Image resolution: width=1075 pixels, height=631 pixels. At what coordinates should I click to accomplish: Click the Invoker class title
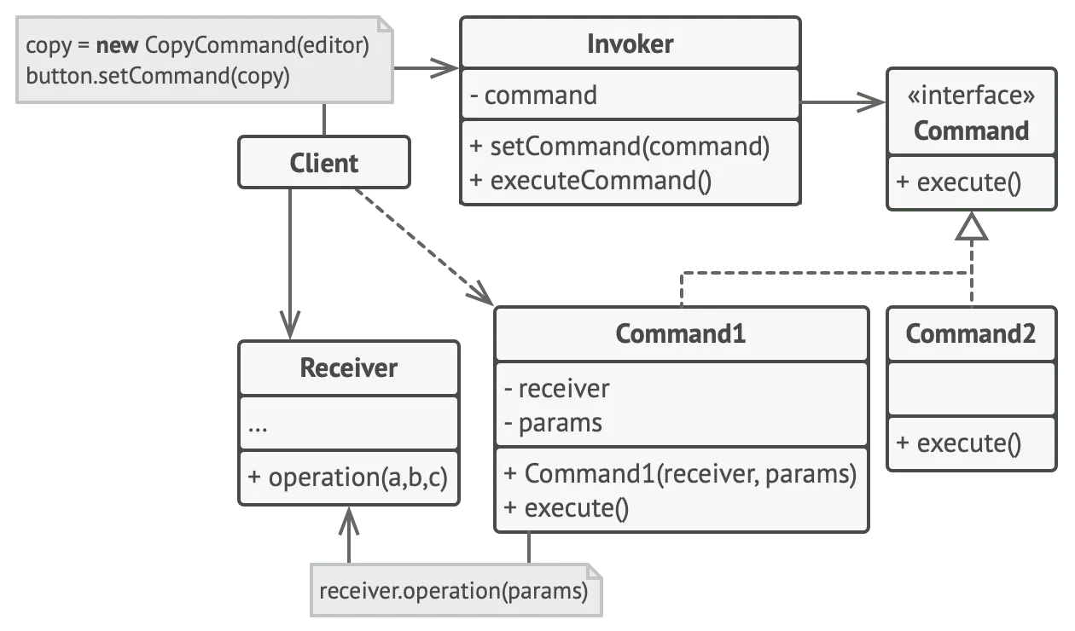click(x=630, y=44)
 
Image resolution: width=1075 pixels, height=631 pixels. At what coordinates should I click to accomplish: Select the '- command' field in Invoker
click(x=534, y=95)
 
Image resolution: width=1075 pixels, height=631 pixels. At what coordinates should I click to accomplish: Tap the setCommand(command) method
click(x=619, y=146)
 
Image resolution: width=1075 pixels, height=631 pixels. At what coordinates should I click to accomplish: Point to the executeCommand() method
click(x=590, y=181)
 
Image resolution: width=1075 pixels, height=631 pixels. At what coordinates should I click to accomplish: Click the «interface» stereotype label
click(x=971, y=95)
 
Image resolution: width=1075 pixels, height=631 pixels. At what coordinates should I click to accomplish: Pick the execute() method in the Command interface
click(x=959, y=182)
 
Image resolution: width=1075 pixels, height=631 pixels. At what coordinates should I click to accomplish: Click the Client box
click(x=324, y=163)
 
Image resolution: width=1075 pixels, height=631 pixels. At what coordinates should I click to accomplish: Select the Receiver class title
click(x=349, y=368)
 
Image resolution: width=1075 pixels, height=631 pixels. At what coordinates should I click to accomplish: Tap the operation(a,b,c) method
click(x=348, y=478)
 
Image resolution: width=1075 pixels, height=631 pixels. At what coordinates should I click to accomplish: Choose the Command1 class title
click(x=681, y=333)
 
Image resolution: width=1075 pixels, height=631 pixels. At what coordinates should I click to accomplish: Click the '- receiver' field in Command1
click(x=556, y=388)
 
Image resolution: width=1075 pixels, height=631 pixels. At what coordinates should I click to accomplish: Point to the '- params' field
click(x=554, y=423)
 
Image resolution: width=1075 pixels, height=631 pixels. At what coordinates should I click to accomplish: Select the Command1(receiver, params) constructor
click(x=680, y=474)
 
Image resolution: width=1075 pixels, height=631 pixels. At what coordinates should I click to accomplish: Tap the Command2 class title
click(x=970, y=333)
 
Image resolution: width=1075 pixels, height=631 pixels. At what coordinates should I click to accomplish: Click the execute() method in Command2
click(x=959, y=443)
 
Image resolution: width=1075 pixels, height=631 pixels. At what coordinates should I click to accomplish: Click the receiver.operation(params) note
click(x=456, y=590)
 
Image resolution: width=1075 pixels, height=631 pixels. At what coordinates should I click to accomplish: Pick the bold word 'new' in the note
click(x=117, y=45)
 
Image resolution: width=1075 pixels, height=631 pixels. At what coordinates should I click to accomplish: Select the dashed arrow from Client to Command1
click(x=424, y=247)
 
